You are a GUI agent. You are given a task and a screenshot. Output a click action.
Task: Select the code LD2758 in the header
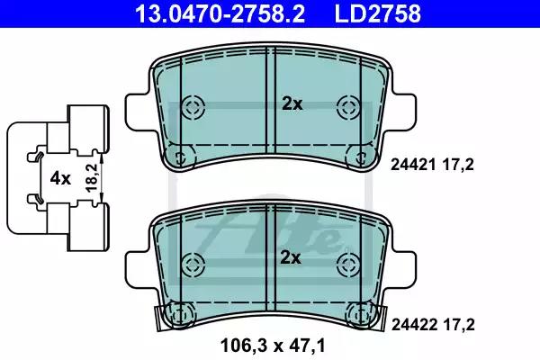pos(367,13)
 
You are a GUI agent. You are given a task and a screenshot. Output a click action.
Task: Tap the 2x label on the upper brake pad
pos(292,103)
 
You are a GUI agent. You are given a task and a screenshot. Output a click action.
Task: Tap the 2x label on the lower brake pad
pos(292,258)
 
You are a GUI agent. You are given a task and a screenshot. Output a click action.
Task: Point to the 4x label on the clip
pos(59,178)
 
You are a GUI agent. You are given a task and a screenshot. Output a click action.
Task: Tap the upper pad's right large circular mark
pos(347,106)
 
